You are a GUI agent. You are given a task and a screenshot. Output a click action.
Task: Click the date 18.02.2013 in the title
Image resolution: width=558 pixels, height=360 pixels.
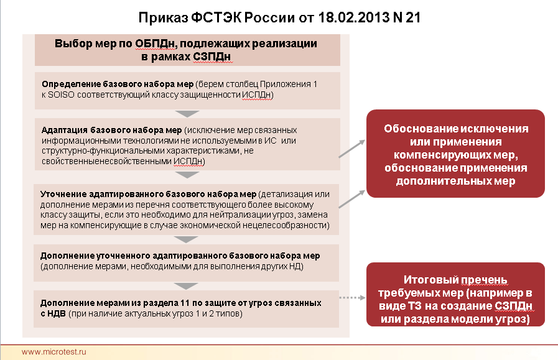[353, 17]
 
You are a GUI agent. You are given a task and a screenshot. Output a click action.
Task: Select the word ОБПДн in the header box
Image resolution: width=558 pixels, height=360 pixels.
[155, 44]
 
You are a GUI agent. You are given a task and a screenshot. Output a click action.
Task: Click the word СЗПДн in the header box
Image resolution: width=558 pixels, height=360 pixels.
[213, 57]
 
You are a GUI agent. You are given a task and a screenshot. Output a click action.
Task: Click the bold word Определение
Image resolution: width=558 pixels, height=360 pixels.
[71, 85]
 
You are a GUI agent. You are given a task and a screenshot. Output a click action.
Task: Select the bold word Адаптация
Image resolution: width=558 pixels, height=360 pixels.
[65, 130]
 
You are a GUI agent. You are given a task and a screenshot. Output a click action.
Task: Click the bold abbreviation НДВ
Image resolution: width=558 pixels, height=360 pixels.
[56, 314]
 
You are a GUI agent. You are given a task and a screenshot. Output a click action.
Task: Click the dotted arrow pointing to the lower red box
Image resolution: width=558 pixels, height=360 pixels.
[352, 298]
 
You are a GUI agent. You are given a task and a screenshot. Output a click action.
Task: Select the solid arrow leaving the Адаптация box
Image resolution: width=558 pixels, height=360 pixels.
[352, 149]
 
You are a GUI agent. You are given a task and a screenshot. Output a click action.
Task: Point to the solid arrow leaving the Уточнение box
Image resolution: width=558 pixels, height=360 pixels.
[352, 199]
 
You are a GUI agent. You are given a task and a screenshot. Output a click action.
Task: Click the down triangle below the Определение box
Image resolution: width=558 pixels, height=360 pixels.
[187, 114]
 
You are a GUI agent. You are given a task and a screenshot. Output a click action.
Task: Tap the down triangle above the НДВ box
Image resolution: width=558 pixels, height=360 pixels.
[186, 286]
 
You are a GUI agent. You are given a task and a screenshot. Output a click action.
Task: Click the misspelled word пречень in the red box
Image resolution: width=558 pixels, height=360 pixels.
[484, 280]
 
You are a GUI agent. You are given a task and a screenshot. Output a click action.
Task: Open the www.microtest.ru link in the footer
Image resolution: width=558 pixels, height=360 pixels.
[53, 352]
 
